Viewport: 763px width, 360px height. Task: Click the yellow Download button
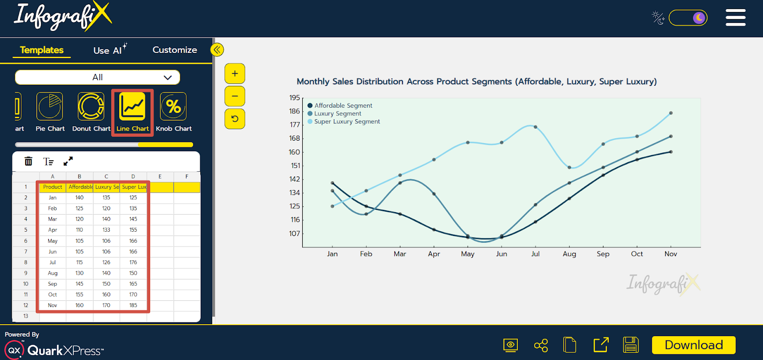click(693, 345)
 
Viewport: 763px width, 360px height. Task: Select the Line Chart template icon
click(132, 107)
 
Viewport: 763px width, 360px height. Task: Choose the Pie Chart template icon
click(50, 107)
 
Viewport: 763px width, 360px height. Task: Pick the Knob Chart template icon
click(173, 107)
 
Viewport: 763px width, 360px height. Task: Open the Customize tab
click(175, 50)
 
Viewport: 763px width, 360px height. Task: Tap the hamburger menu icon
click(735, 18)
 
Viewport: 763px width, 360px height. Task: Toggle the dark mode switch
click(688, 18)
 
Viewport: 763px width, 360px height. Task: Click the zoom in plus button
click(235, 74)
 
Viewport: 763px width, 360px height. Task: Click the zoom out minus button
click(235, 96)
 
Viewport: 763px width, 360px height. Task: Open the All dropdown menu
click(97, 77)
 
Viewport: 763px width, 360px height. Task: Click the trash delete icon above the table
click(29, 161)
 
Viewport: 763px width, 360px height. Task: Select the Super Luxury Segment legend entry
click(347, 122)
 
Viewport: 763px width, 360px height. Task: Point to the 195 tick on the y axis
click(295, 98)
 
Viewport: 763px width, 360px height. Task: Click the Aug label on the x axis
click(569, 254)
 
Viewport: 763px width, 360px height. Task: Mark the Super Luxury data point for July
click(536, 127)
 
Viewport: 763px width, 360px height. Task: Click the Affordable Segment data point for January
click(332, 183)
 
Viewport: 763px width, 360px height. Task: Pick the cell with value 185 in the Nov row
click(133, 305)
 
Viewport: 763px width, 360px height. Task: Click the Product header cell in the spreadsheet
click(52, 187)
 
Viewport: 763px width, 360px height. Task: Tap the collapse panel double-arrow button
click(217, 50)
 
